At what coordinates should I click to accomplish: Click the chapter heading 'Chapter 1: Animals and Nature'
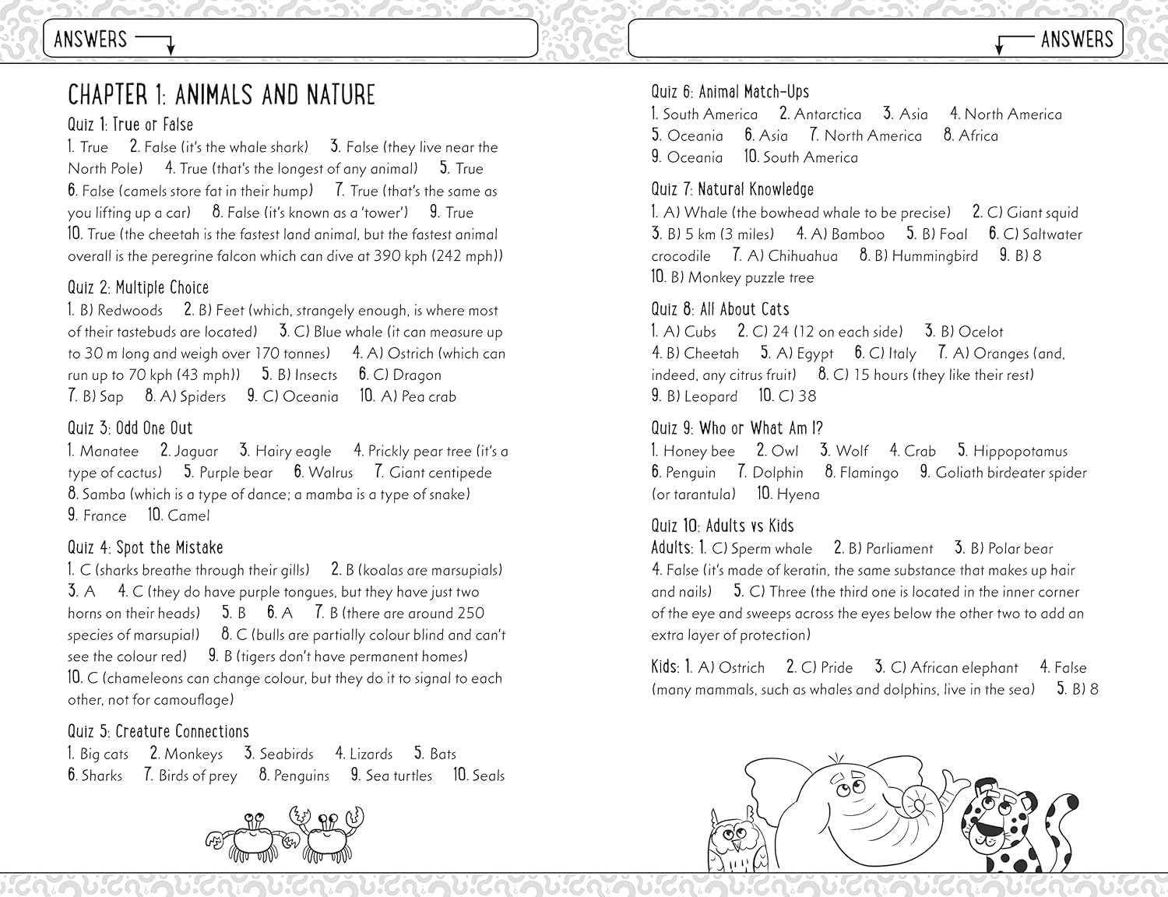click(x=221, y=95)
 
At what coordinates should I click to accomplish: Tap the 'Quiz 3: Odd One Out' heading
click(x=130, y=428)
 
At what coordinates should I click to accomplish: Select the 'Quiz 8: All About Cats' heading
click(x=720, y=309)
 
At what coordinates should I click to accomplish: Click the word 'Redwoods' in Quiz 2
click(x=130, y=310)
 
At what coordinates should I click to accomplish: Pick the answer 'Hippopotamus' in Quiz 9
click(x=1020, y=451)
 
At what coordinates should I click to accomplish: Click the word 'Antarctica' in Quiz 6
click(x=827, y=114)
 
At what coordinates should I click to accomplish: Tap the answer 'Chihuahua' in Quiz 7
click(x=803, y=256)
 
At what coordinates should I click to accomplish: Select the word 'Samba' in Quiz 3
click(x=104, y=494)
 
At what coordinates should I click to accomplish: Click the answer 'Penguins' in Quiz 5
click(x=301, y=776)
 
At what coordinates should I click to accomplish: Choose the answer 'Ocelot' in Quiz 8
click(x=981, y=332)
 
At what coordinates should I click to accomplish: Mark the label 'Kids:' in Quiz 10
click(x=666, y=667)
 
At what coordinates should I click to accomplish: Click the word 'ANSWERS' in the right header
click(x=1077, y=39)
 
